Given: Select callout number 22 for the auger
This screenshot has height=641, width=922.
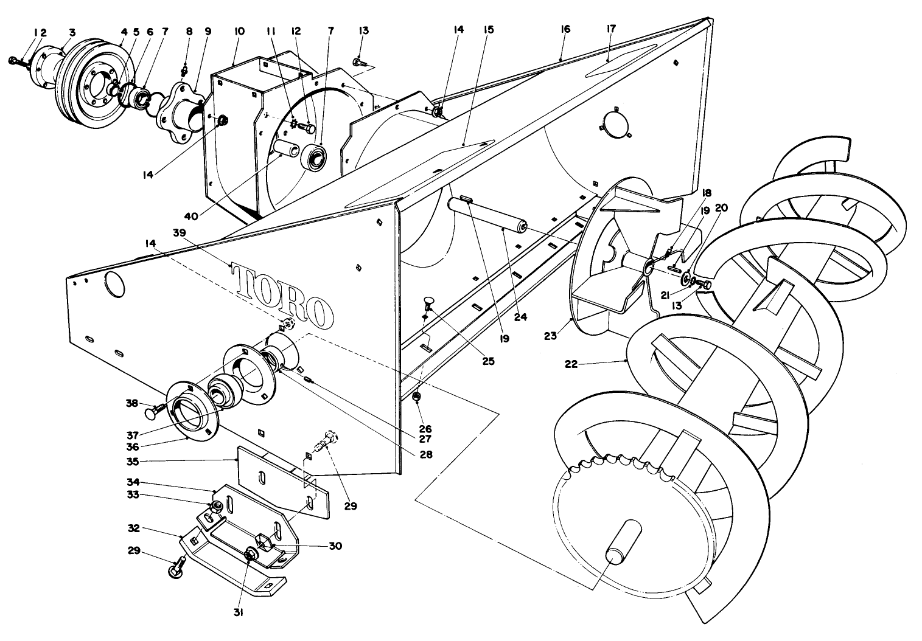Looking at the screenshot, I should click(x=570, y=365).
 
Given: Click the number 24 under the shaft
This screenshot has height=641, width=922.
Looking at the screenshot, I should click(x=520, y=317).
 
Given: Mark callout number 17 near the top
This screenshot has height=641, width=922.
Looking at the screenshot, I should click(x=611, y=29).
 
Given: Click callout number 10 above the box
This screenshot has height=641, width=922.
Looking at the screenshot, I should click(x=239, y=31).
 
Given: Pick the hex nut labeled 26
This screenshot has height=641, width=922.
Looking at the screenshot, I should click(x=416, y=397).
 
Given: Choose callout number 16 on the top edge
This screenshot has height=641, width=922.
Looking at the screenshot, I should click(x=565, y=29).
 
